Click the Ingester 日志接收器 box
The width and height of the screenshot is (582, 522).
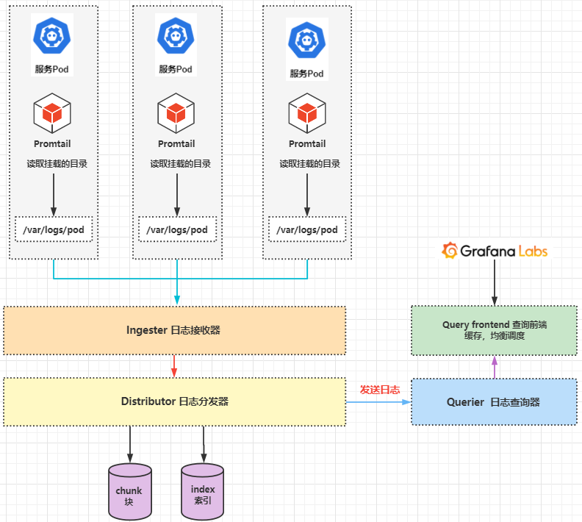point(174,330)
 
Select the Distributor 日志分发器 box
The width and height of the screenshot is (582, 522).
point(174,401)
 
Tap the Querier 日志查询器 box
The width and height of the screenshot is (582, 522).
point(494,402)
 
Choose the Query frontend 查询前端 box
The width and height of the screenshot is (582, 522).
point(494,330)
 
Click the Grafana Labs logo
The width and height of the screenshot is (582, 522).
point(494,251)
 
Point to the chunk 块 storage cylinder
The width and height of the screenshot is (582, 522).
point(129,490)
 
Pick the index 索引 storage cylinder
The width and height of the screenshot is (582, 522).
point(202,490)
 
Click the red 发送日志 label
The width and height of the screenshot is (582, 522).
point(379,390)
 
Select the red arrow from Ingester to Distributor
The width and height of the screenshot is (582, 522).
point(174,366)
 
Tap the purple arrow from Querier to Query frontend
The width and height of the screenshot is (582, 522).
point(495,367)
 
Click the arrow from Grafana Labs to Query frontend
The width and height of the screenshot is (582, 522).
point(495,283)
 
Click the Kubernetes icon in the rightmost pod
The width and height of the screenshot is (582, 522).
point(306,40)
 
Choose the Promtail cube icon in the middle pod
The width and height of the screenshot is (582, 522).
point(176,113)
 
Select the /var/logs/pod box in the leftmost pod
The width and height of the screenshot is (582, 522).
point(53,230)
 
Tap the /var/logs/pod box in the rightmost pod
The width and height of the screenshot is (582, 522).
point(307,230)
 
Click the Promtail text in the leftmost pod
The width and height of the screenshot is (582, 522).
point(52,144)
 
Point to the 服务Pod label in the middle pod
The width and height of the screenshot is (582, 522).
point(176,69)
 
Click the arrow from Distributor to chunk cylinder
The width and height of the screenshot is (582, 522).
point(130,443)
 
